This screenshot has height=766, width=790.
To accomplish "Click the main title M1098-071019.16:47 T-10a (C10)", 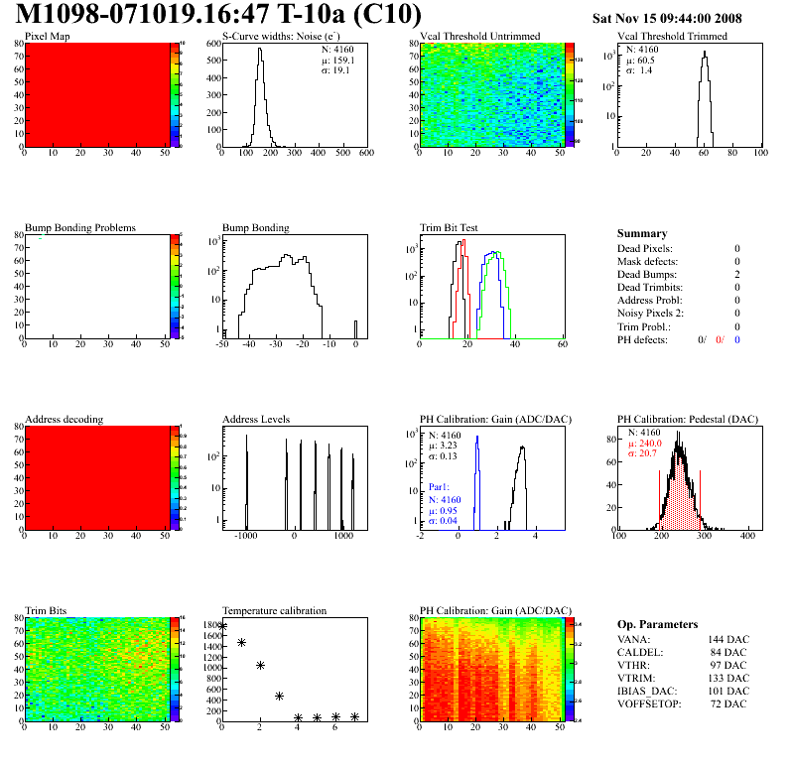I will (219, 16).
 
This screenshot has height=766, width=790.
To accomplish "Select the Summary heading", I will (642, 233).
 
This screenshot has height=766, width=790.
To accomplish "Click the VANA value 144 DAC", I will (726, 640).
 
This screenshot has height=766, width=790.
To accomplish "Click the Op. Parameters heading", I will (657, 624).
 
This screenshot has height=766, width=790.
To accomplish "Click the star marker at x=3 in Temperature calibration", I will (279, 697).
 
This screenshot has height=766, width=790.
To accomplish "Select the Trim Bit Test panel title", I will (449, 227).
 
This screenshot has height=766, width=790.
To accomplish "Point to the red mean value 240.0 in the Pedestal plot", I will (650, 444).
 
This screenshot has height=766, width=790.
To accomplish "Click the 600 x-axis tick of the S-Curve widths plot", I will (366, 154).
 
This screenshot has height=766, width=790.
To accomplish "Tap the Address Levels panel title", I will (256, 420).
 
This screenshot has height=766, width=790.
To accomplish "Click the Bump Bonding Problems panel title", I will (79, 227).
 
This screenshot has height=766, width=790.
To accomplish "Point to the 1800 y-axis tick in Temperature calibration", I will (210, 624).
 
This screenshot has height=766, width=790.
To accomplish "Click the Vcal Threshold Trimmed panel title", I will (672, 37).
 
